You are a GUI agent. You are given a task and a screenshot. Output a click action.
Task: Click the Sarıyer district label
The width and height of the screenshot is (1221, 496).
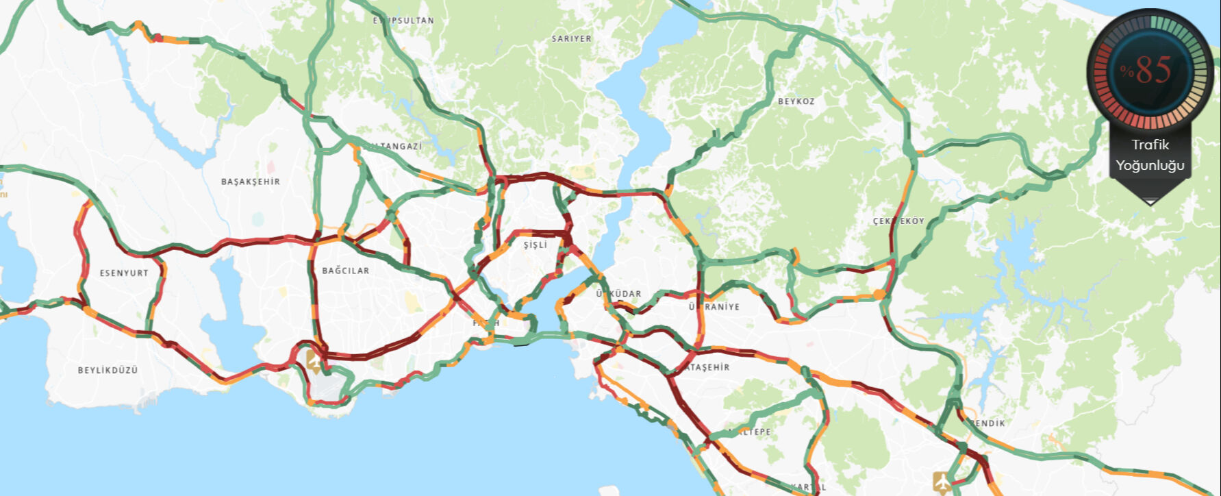pyautogui.click(x=571, y=39)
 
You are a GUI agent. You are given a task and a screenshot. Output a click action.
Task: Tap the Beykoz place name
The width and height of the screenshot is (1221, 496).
pyautogui.click(x=796, y=101)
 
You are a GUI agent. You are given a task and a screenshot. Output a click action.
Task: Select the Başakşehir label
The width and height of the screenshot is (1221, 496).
pyautogui.click(x=250, y=182)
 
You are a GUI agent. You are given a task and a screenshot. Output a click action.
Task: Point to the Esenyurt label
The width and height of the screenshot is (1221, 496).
pyautogui.click(x=124, y=273)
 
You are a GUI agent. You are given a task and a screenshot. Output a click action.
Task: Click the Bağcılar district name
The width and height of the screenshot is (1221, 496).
pyautogui.click(x=345, y=271)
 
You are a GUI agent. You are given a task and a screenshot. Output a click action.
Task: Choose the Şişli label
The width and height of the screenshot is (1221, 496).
pyautogui.click(x=535, y=245)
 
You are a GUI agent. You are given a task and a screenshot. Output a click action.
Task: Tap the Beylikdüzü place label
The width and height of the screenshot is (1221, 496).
pyautogui.click(x=108, y=370)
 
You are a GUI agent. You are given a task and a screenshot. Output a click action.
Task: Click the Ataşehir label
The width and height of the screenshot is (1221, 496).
pyautogui.click(x=708, y=367)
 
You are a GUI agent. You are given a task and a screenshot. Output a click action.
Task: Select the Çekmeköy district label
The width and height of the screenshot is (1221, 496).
pyautogui.click(x=898, y=221)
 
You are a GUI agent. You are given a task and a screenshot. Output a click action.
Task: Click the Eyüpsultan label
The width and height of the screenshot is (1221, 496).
pyautogui.click(x=403, y=21)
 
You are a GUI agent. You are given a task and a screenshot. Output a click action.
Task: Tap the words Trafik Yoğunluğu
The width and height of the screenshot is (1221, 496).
pyautogui.click(x=1150, y=155)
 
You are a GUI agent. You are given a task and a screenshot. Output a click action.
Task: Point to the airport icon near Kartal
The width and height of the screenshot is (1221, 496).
pyautogui.click(x=942, y=481)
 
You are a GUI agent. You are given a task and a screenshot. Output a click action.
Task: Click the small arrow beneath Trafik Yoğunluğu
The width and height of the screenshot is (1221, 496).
pyautogui.click(x=1150, y=201)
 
